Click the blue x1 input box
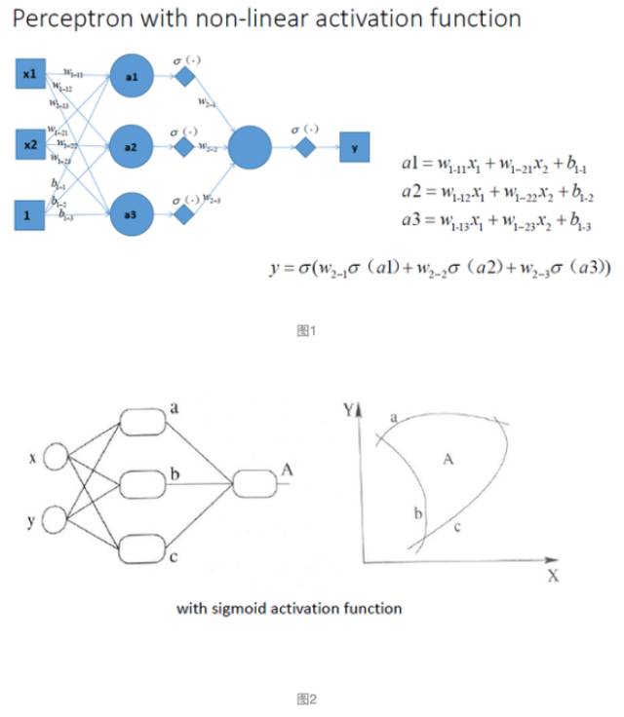coord(28,75)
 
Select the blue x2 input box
coord(28,145)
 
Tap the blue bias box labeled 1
coord(28,214)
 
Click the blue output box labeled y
coord(354,148)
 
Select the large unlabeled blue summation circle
coord(250,147)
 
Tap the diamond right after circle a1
coord(184,77)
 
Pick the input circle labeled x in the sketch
coord(56,457)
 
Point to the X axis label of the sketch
coord(553,576)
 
